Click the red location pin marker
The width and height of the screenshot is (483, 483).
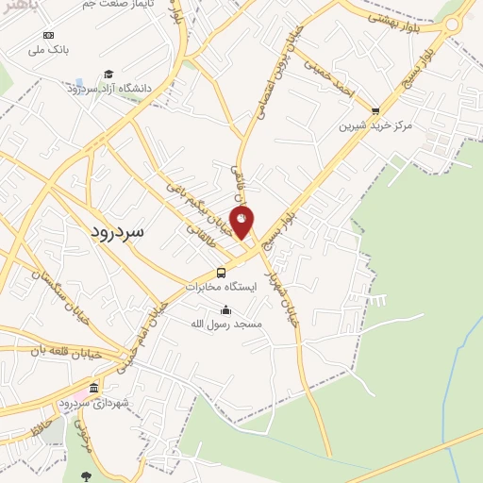[x=242, y=221]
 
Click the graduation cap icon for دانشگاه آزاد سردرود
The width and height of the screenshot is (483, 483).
[x=108, y=74]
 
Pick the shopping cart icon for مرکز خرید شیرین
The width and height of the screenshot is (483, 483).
[x=375, y=110]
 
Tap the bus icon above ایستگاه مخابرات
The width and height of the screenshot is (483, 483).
[x=221, y=273]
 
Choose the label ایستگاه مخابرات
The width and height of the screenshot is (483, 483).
[x=220, y=286]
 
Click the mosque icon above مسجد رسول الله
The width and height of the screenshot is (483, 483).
[x=225, y=309]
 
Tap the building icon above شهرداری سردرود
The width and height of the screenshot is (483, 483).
[x=93, y=389]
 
